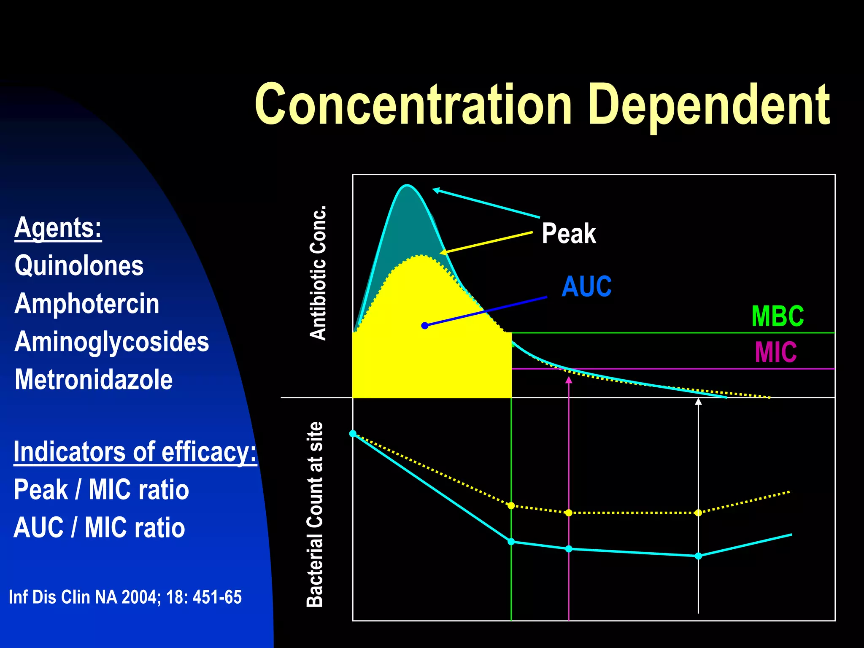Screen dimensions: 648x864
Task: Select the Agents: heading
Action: [x=58, y=228]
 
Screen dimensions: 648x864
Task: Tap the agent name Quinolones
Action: [x=79, y=266]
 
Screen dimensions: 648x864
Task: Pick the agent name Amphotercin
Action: [x=87, y=304]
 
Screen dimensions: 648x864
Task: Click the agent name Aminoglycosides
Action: [x=112, y=342]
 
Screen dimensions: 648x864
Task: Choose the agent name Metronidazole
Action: [x=94, y=380]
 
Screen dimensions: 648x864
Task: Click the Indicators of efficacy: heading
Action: [x=135, y=452]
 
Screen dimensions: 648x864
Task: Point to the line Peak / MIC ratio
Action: [x=101, y=490]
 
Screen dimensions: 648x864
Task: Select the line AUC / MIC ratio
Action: [x=99, y=528]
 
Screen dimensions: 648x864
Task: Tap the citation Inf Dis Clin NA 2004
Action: [x=125, y=597]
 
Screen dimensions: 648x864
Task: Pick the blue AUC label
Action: [x=586, y=286]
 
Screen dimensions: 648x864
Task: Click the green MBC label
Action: [x=778, y=316]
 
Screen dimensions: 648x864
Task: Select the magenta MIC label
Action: [x=775, y=352]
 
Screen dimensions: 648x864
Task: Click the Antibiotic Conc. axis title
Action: [x=318, y=273]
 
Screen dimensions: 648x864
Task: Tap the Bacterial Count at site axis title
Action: [x=315, y=514]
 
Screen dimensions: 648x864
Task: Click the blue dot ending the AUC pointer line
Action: [x=425, y=326]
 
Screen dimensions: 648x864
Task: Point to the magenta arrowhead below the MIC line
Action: [x=569, y=380]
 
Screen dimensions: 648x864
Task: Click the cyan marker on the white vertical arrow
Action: [x=698, y=556]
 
